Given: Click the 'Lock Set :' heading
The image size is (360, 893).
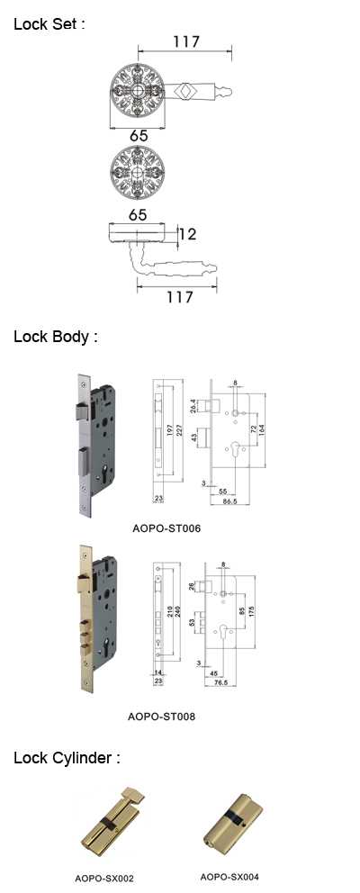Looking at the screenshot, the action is (x=49, y=24).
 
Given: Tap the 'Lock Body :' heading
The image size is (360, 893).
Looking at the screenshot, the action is (x=56, y=337).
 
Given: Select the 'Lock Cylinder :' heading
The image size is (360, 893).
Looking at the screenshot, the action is (x=67, y=759).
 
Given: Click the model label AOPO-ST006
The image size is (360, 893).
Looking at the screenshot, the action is (x=166, y=528).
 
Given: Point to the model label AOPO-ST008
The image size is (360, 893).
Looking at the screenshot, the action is (x=161, y=717).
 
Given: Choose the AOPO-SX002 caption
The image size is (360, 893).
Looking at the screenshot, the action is (x=104, y=879).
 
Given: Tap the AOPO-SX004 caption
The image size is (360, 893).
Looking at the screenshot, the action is (x=229, y=877).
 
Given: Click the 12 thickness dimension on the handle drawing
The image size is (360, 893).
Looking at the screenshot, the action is (x=188, y=233).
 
